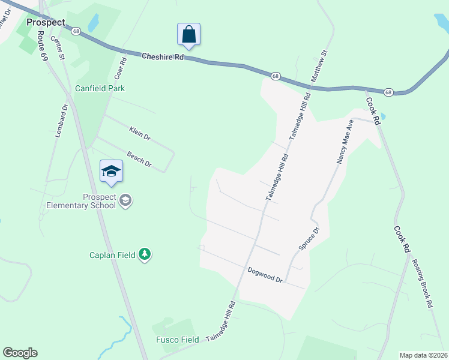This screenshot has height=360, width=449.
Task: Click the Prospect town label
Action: click(46, 22)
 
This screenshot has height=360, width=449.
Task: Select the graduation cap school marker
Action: click(111, 172)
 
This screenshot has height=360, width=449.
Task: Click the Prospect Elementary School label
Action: click(82, 201)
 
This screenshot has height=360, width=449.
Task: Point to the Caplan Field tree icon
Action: click(144, 255)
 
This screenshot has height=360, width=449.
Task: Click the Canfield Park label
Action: click(100, 88)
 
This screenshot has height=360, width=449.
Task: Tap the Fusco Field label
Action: click(176, 340)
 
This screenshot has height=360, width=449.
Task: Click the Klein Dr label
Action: click(139, 133)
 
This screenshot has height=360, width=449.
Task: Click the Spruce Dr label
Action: click(309, 239)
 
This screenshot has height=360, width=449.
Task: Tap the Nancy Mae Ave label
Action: click(343, 141)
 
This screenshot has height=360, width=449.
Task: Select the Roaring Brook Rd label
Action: click(422, 283)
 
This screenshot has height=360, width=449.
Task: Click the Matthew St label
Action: click(319, 67)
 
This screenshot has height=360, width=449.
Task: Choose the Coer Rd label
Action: click(120, 69)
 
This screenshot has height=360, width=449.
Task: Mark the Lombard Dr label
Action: click(62, 122)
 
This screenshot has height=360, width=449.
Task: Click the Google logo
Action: click(20, 353)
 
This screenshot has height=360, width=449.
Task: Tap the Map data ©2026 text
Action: click(423, 355)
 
